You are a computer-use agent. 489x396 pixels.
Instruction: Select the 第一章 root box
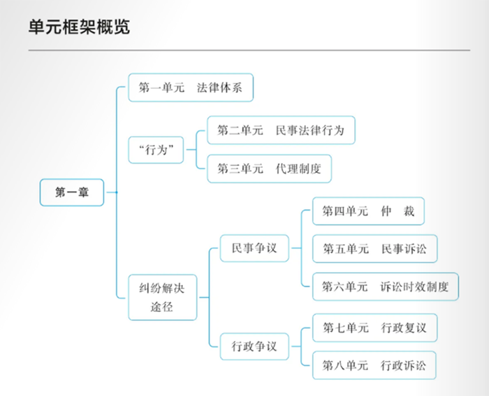72,192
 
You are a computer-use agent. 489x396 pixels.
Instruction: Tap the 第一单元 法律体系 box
190,87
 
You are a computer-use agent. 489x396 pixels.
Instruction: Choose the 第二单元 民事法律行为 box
281,130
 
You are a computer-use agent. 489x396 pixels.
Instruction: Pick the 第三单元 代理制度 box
269,169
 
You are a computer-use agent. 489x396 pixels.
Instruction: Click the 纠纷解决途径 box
163,297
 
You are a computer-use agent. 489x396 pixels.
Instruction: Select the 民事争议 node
254,248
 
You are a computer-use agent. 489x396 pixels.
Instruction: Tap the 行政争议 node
254,346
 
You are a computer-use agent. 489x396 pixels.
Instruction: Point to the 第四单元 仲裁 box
368,211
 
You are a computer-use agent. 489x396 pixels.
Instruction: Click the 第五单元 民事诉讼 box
374,248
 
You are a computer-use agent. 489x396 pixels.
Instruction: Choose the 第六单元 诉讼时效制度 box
385,286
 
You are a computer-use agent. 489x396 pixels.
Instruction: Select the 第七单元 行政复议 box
374,327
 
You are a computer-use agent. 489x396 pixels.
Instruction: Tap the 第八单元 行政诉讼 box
374,365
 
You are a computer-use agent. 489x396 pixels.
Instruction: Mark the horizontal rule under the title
249,50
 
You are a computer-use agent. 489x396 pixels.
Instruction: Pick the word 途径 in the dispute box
163,306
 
